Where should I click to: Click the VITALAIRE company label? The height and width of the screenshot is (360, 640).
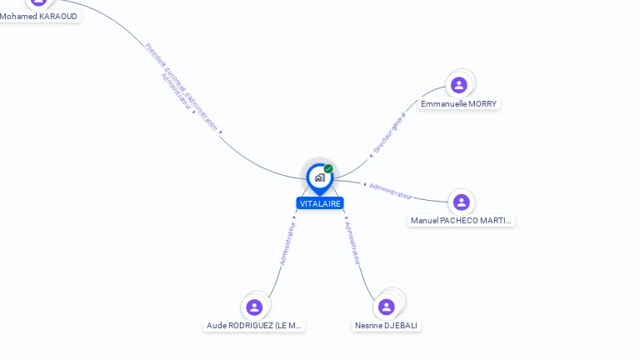[x=320, y=203]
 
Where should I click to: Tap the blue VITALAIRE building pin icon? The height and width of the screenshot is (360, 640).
[x=319, y=177]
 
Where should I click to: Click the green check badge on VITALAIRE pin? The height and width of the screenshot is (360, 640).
[x=328, y=169]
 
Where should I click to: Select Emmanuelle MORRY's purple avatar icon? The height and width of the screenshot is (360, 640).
[x=458, y=85]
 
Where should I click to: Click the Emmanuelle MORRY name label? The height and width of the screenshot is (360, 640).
[x=458, y=104]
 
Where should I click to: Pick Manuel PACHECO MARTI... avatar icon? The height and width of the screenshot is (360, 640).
[x=462, y=202]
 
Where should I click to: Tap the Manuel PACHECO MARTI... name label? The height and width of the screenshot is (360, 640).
[x=462, y=221]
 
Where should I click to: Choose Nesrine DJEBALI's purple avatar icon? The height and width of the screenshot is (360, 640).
[x=387, y=307]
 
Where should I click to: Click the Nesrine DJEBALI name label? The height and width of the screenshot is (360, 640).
[x=387, y=326]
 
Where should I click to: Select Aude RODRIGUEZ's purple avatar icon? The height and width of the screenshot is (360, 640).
[x=255, y=307]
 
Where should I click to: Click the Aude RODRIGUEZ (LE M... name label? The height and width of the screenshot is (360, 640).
[x=255, y=326]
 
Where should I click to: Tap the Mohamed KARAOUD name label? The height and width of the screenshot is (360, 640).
[x=38, y=17]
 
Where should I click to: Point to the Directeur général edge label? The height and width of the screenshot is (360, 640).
[x=389, y=132]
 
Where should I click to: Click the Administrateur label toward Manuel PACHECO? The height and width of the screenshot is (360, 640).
[x=391, y=191]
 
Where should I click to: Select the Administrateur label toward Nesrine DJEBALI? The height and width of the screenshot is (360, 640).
[x=353, y=242]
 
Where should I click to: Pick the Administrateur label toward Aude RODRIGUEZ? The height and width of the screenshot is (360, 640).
[x=287, y=242]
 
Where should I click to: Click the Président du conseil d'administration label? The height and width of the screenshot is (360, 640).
[x=182, y=87]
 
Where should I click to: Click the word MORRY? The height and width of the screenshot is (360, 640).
[x=482, y=104]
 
